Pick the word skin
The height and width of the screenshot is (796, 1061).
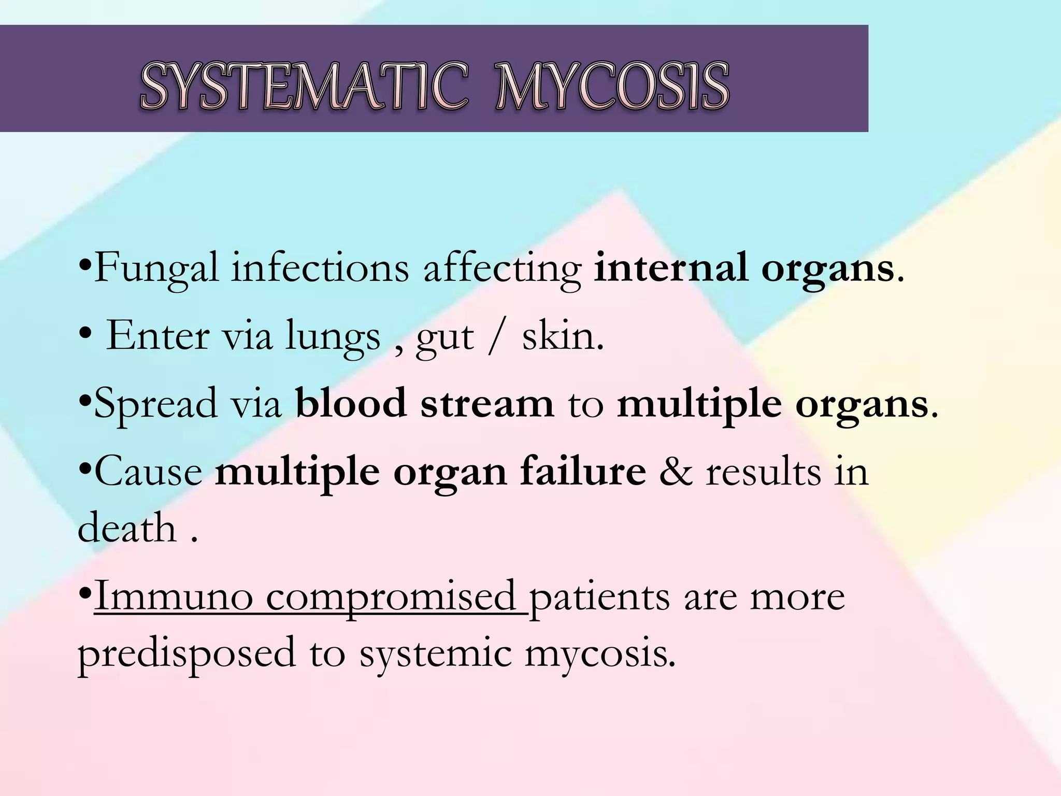tap(562, 336)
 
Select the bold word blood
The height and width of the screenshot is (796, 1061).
tap(351, 404)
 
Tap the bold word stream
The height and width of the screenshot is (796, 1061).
tap(487, 405)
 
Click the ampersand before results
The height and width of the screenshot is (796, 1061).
tap(676, 472)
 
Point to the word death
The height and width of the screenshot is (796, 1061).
tap(127, 528)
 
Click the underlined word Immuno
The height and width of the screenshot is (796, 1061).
tap(174, 596)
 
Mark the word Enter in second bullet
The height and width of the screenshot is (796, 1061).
tap(157, 336)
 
